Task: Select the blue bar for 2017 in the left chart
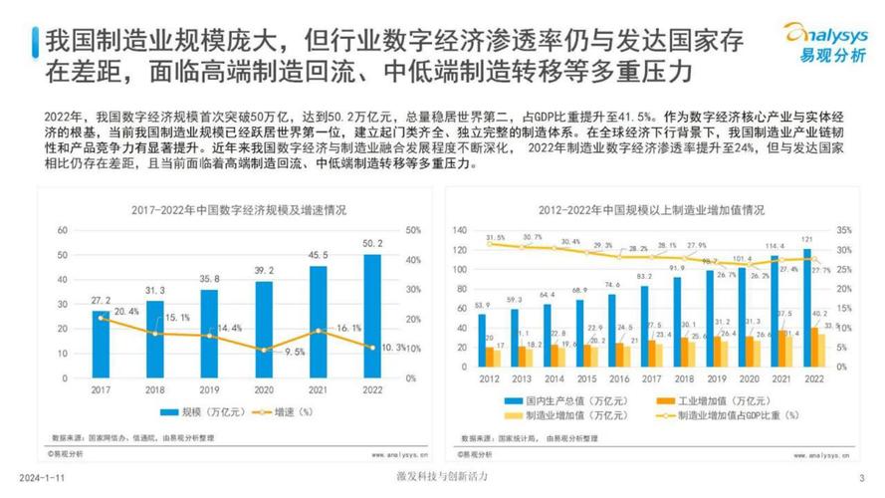100,345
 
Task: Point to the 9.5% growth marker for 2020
263,350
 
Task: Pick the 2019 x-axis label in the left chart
208,390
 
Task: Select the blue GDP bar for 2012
483,343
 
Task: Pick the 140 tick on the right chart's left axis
460,230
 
